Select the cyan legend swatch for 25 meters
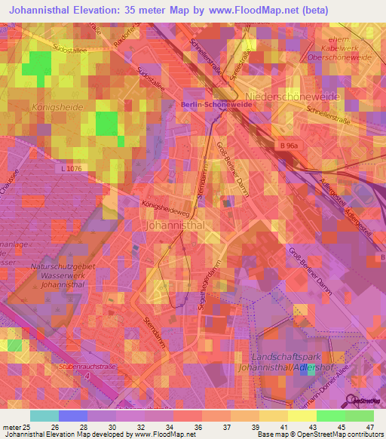44,416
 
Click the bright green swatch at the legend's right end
359,416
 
